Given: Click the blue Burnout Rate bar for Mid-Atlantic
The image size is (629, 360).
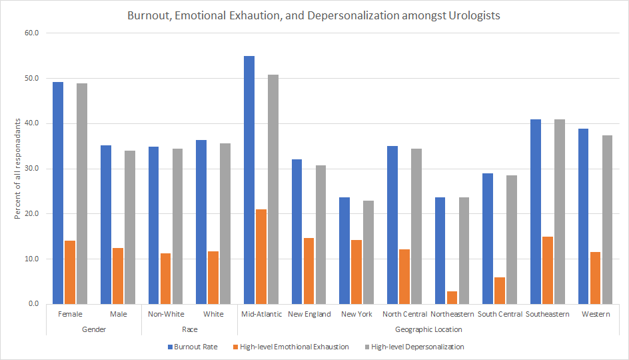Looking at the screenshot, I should click(249, 180).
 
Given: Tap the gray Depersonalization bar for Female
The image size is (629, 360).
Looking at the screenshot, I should click(81, 193).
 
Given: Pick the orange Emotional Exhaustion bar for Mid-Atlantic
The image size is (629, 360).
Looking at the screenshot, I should click(261, 257).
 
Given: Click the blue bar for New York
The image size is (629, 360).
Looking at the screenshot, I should click(344, 251).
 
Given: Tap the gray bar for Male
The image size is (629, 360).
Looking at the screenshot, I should click(129, 227).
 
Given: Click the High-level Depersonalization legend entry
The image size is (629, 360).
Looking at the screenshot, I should click(417, 347).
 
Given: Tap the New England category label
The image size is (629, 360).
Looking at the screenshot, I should click(309, 314).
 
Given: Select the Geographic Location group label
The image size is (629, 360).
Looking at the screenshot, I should click(428, 329).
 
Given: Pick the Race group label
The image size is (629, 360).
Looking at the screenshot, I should click(189, 329).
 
